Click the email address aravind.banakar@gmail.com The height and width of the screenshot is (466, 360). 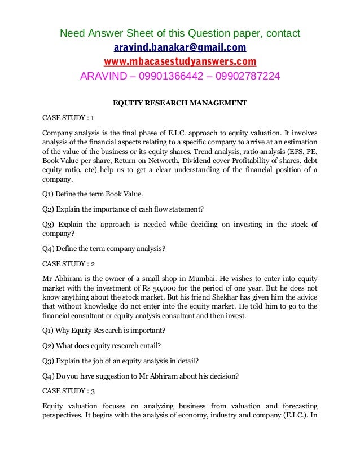coord(180,47)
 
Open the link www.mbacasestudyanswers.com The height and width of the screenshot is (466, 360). coord(180,61)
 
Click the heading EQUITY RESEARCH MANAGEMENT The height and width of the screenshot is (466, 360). coord(180,104)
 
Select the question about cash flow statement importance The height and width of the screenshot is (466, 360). coord(119,210)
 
